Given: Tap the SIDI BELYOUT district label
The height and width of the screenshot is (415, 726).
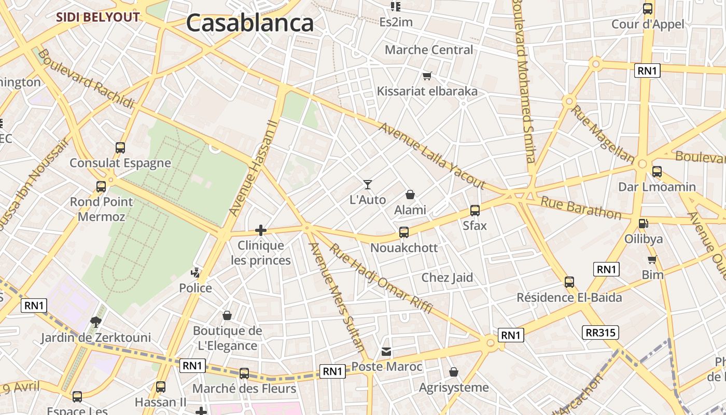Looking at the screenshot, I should click(98, 17).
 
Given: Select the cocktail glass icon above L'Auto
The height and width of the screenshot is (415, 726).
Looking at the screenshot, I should click(368, 184).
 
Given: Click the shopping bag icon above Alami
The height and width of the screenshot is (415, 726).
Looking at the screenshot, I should click(410, 195).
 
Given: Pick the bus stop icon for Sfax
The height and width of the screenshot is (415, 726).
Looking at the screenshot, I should click(475, 210).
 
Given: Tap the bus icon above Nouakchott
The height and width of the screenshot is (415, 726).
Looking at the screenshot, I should click(404, 232).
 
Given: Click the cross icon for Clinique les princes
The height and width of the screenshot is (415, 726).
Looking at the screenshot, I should click(261, 230).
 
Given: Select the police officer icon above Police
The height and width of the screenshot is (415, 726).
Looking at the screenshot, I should click(196, 272).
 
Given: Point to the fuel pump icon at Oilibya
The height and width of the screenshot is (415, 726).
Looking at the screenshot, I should click(643, 224).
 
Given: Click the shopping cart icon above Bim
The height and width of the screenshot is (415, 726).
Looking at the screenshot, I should click(652, 259).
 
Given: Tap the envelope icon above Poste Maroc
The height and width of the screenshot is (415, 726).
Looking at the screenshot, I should click(386, 351).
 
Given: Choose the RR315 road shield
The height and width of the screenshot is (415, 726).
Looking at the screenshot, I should click(601, 333).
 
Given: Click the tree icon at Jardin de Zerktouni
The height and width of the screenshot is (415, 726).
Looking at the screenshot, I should click(95, 322).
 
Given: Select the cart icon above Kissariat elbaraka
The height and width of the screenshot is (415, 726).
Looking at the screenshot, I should click(427, 76).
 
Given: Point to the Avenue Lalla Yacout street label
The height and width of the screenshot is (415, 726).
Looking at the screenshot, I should click(431, 155).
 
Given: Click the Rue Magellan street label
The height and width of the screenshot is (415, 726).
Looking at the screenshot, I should click(603, 134).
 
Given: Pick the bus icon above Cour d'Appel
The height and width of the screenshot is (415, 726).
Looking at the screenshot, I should click(648, 9).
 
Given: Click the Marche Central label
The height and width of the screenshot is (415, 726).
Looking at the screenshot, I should click(429, 50).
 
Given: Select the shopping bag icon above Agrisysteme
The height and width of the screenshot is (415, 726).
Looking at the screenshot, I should click(454, 372).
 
